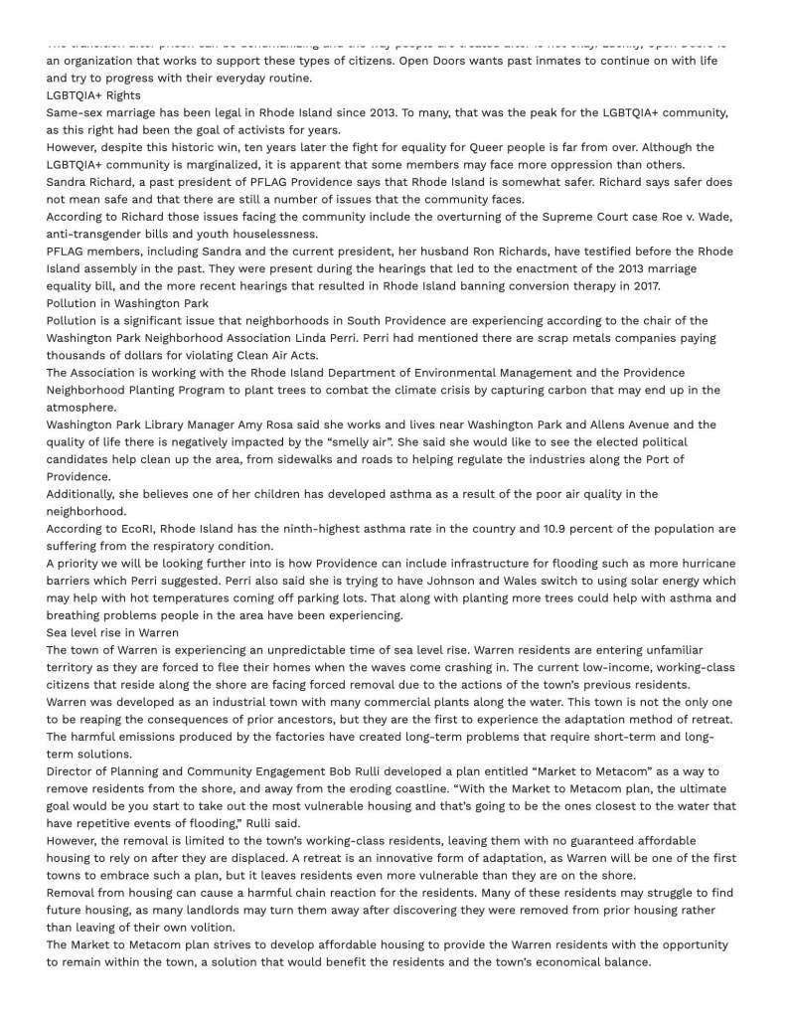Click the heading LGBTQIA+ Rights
93,95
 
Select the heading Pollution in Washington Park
127,303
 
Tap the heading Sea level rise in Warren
112,632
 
